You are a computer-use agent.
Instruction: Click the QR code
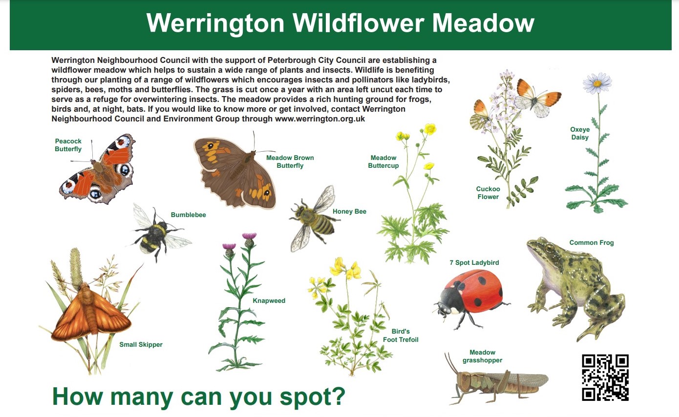pos(605,377)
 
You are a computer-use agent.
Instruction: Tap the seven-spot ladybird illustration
pos(472,299)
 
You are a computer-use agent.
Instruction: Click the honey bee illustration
pos(314,218)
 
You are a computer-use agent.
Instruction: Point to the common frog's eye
pos(549,248)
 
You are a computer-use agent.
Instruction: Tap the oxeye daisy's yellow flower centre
pos(597,83)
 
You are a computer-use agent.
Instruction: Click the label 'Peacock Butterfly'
pos(68,145)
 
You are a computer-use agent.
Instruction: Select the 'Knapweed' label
pos(269,300)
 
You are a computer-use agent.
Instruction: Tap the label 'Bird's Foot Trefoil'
pos(401,335)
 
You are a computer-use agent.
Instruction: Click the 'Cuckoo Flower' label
pos(488,193)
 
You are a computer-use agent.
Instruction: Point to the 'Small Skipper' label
pos(141,344)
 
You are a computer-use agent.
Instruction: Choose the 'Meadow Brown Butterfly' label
pos(290,161)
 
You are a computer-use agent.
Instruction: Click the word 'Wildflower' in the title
pos(358,23)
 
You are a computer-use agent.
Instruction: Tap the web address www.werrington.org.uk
pos(320,119)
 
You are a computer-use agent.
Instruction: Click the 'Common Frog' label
pos(592,242)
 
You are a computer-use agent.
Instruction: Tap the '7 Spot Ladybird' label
pos(474,263)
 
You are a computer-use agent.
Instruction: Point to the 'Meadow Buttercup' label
pos(383,161)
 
